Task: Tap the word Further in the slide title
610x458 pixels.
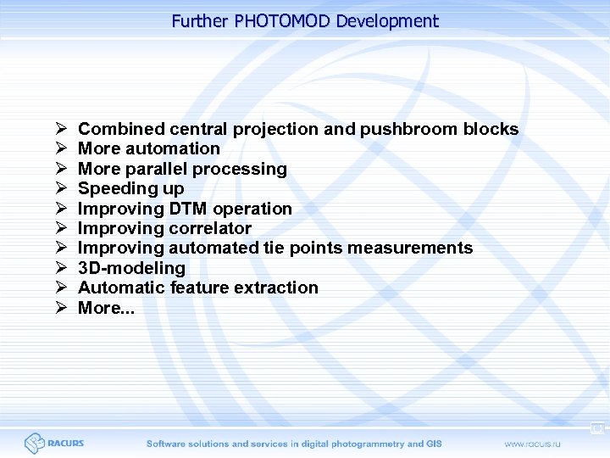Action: tap(201, 21)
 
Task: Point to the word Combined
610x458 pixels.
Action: tap(121, 130)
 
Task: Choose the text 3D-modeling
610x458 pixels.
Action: tap(131, 268)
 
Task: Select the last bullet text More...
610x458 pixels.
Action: tap(106, 308)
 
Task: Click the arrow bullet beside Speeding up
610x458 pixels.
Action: tap(61, 188)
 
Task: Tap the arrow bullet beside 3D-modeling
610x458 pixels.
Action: tap(61, 268)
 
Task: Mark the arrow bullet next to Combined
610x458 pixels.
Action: tap(61, 130)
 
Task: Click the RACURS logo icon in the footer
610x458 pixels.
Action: tap(34, 443)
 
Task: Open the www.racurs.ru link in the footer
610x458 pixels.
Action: tap(534, 444)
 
